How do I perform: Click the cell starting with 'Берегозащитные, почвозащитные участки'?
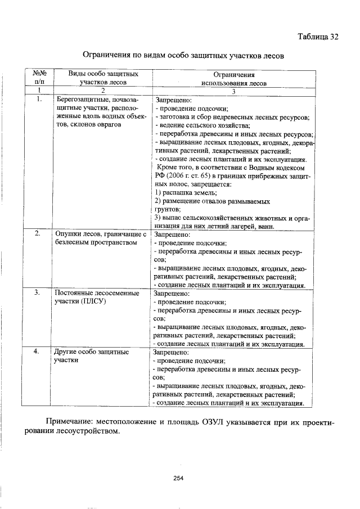point(101,112)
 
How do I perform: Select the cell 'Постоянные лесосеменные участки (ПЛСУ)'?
point(96,298)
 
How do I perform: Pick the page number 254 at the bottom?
point(179,479)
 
